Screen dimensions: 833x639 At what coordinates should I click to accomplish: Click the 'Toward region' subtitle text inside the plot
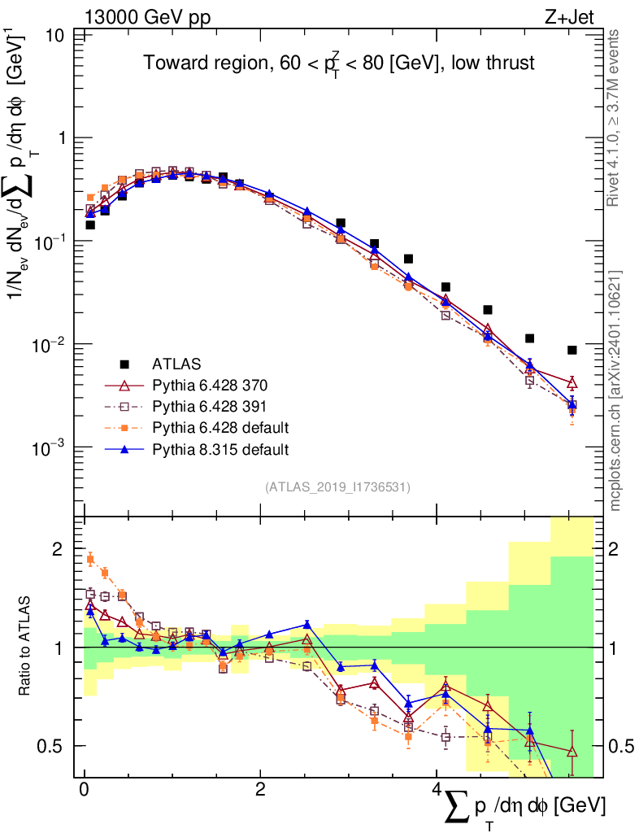tap(339, 63)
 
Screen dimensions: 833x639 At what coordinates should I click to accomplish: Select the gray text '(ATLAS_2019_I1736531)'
tap(337, 487)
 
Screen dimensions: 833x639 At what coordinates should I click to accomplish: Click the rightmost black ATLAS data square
tap(572, 350)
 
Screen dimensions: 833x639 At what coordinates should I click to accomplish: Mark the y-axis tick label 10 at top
tap(56, 36)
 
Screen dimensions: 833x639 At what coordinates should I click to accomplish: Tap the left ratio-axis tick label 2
tap(58, 549)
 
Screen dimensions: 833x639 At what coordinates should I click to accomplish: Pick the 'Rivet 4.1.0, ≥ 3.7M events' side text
tap(615, 117)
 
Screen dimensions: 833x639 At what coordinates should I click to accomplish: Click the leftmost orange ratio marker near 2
tap(90, 558)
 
